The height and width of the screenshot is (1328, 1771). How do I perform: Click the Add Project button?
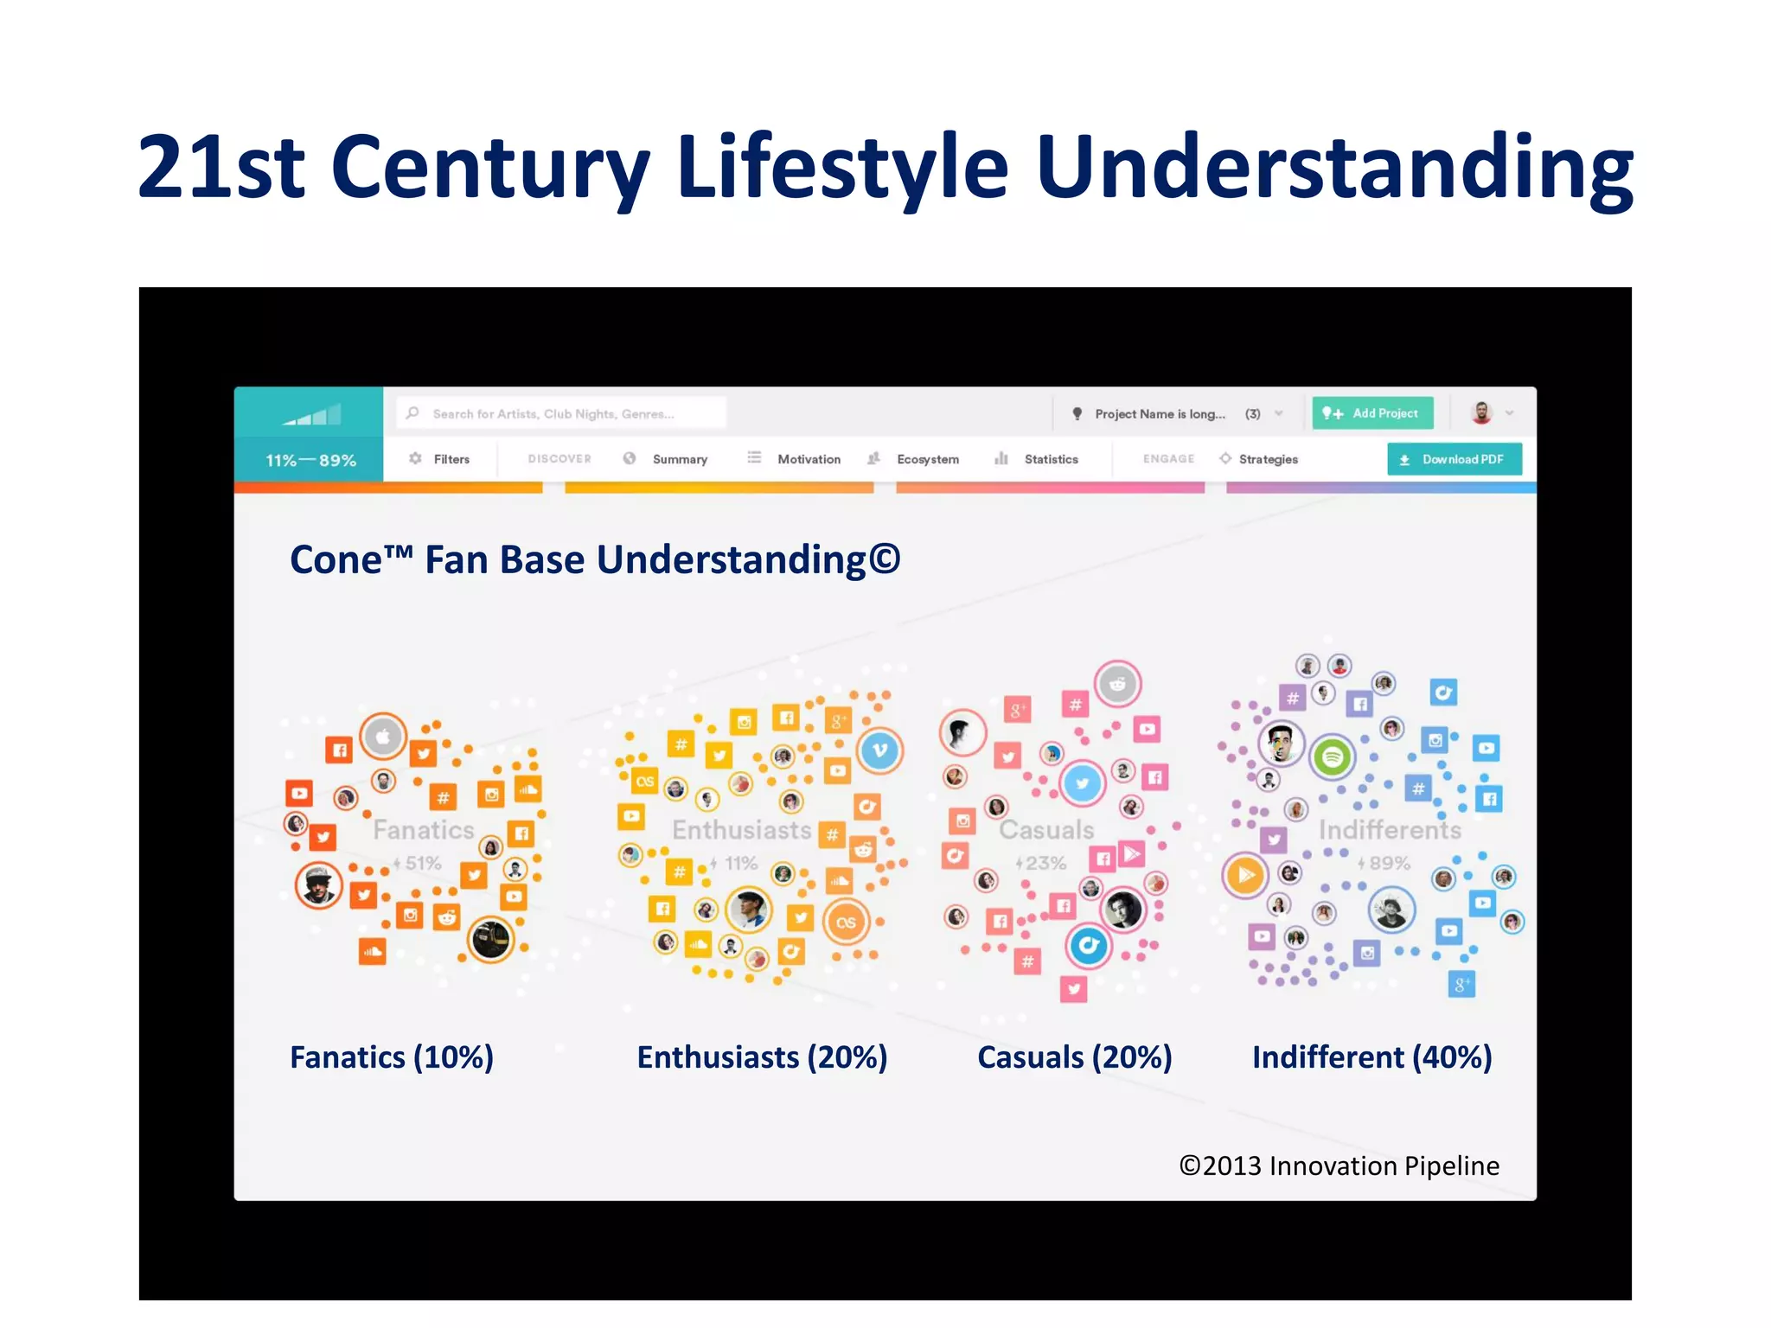click(1372, 413)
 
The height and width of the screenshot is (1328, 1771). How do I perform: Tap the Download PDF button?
click(1455, 459)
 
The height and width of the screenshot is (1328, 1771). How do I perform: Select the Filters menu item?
click(440, 459)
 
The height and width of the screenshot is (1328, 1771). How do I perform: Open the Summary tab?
click(679, 459)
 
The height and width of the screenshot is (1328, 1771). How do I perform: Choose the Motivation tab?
click(808, 459)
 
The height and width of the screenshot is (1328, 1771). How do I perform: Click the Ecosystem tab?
click(927, 459)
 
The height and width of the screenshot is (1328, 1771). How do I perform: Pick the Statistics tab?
click(1050, 459)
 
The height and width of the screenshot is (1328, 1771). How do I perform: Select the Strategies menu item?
click(1267, 459)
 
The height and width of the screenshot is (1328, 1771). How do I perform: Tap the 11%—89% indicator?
click(310, 461)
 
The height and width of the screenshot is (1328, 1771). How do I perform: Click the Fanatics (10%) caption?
click(392, 1057)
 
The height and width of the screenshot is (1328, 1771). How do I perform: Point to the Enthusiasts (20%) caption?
click(762, 1057)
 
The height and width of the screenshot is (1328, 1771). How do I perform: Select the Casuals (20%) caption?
click(1074, 1057)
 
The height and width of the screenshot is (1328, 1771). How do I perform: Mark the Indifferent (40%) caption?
click(1371, 1057)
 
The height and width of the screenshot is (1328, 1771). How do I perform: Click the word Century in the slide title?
click(489, 166)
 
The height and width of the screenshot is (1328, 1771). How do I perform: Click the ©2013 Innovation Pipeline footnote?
click(1339, 1165)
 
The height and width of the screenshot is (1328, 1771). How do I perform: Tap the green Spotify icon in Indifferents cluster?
click(1333, 757)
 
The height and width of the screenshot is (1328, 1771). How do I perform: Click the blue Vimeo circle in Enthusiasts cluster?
click(879, 750)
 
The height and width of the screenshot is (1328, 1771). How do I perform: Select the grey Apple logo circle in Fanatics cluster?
click(383, 737)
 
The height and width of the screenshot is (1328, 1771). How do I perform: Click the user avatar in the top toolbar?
click(1481, 413)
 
